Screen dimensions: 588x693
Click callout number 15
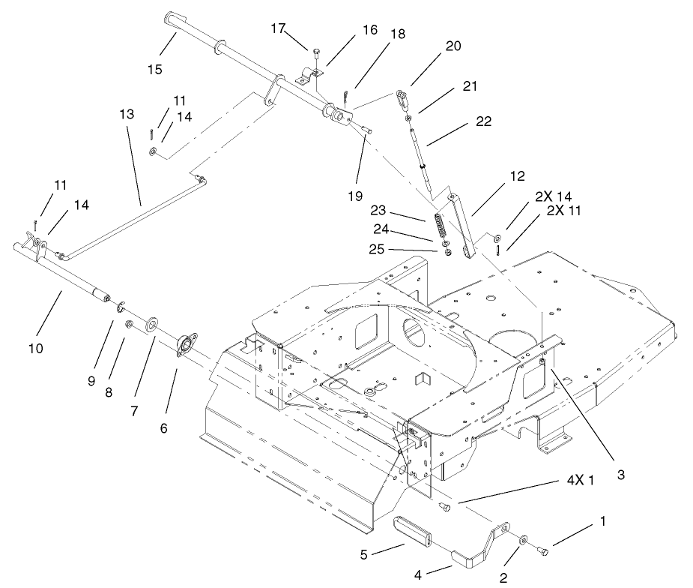154,69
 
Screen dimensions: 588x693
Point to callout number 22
483,121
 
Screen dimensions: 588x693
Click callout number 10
35,348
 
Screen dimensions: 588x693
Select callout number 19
355,195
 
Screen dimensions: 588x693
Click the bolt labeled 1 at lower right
544,552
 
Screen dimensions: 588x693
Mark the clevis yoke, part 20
402,97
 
